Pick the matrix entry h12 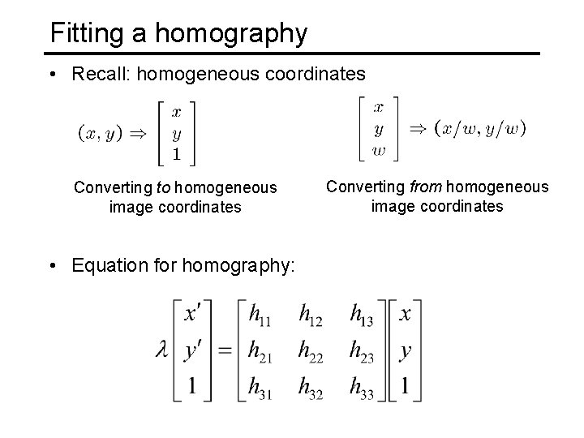(311, 314)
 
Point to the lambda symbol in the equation (161, 350)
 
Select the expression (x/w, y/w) (480, 127)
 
